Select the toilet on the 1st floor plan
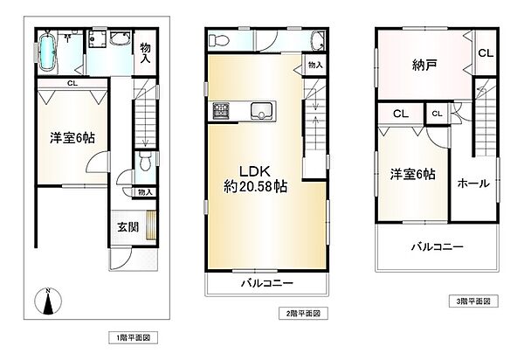(144, 161)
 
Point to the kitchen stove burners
(218, 111)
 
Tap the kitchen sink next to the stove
(259, 110)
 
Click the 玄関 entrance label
(127, 225)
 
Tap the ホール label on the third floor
(472, 183)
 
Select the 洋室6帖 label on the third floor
(411, 173)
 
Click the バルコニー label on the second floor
(266, 284)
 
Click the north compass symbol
(47, 302)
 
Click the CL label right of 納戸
(484, 52)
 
